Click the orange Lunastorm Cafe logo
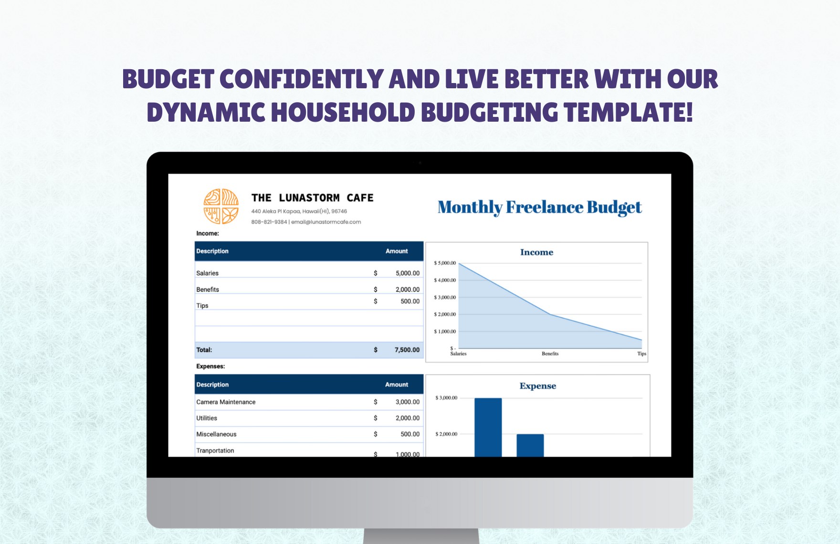pos(221,206)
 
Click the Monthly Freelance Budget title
pos(539,208)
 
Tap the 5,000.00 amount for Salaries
pos(407,273)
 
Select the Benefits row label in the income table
pos(208,290)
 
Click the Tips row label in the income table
pos(202,306)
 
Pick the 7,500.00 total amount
pos(407,350)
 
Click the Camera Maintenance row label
pos(226,402)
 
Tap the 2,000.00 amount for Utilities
pos(407,418)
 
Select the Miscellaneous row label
pos(216,434)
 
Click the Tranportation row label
pos(215,450)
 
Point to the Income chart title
pos(536,252)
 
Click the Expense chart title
pos(537,386)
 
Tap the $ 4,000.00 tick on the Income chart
pos(445,280)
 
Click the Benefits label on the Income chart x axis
pos(550,354)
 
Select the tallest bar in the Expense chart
pos(488,427)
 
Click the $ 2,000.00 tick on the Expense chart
pos(446,434)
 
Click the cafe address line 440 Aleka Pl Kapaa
pos(299,211)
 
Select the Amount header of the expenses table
pos(397,385)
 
